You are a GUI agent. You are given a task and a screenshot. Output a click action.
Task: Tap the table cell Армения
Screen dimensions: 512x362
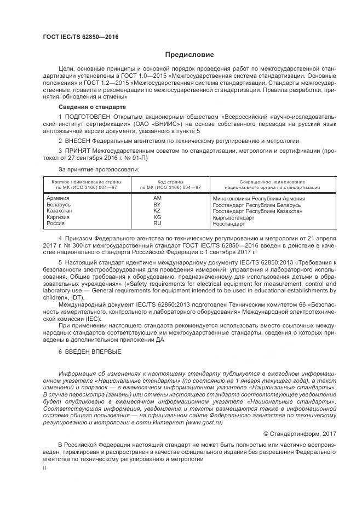click(x=58, y=198)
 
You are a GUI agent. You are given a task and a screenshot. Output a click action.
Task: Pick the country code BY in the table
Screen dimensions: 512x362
click(x=157, y=204)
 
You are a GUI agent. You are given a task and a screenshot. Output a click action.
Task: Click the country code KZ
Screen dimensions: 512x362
click(x=157, y=211)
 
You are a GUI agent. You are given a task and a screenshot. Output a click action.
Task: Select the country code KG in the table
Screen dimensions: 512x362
click(x=157, y=217)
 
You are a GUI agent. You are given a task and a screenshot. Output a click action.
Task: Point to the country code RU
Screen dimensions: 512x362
click(x=157, y=223)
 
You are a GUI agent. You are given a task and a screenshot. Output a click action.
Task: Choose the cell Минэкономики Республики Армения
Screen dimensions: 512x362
click(x=258, y=199)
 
